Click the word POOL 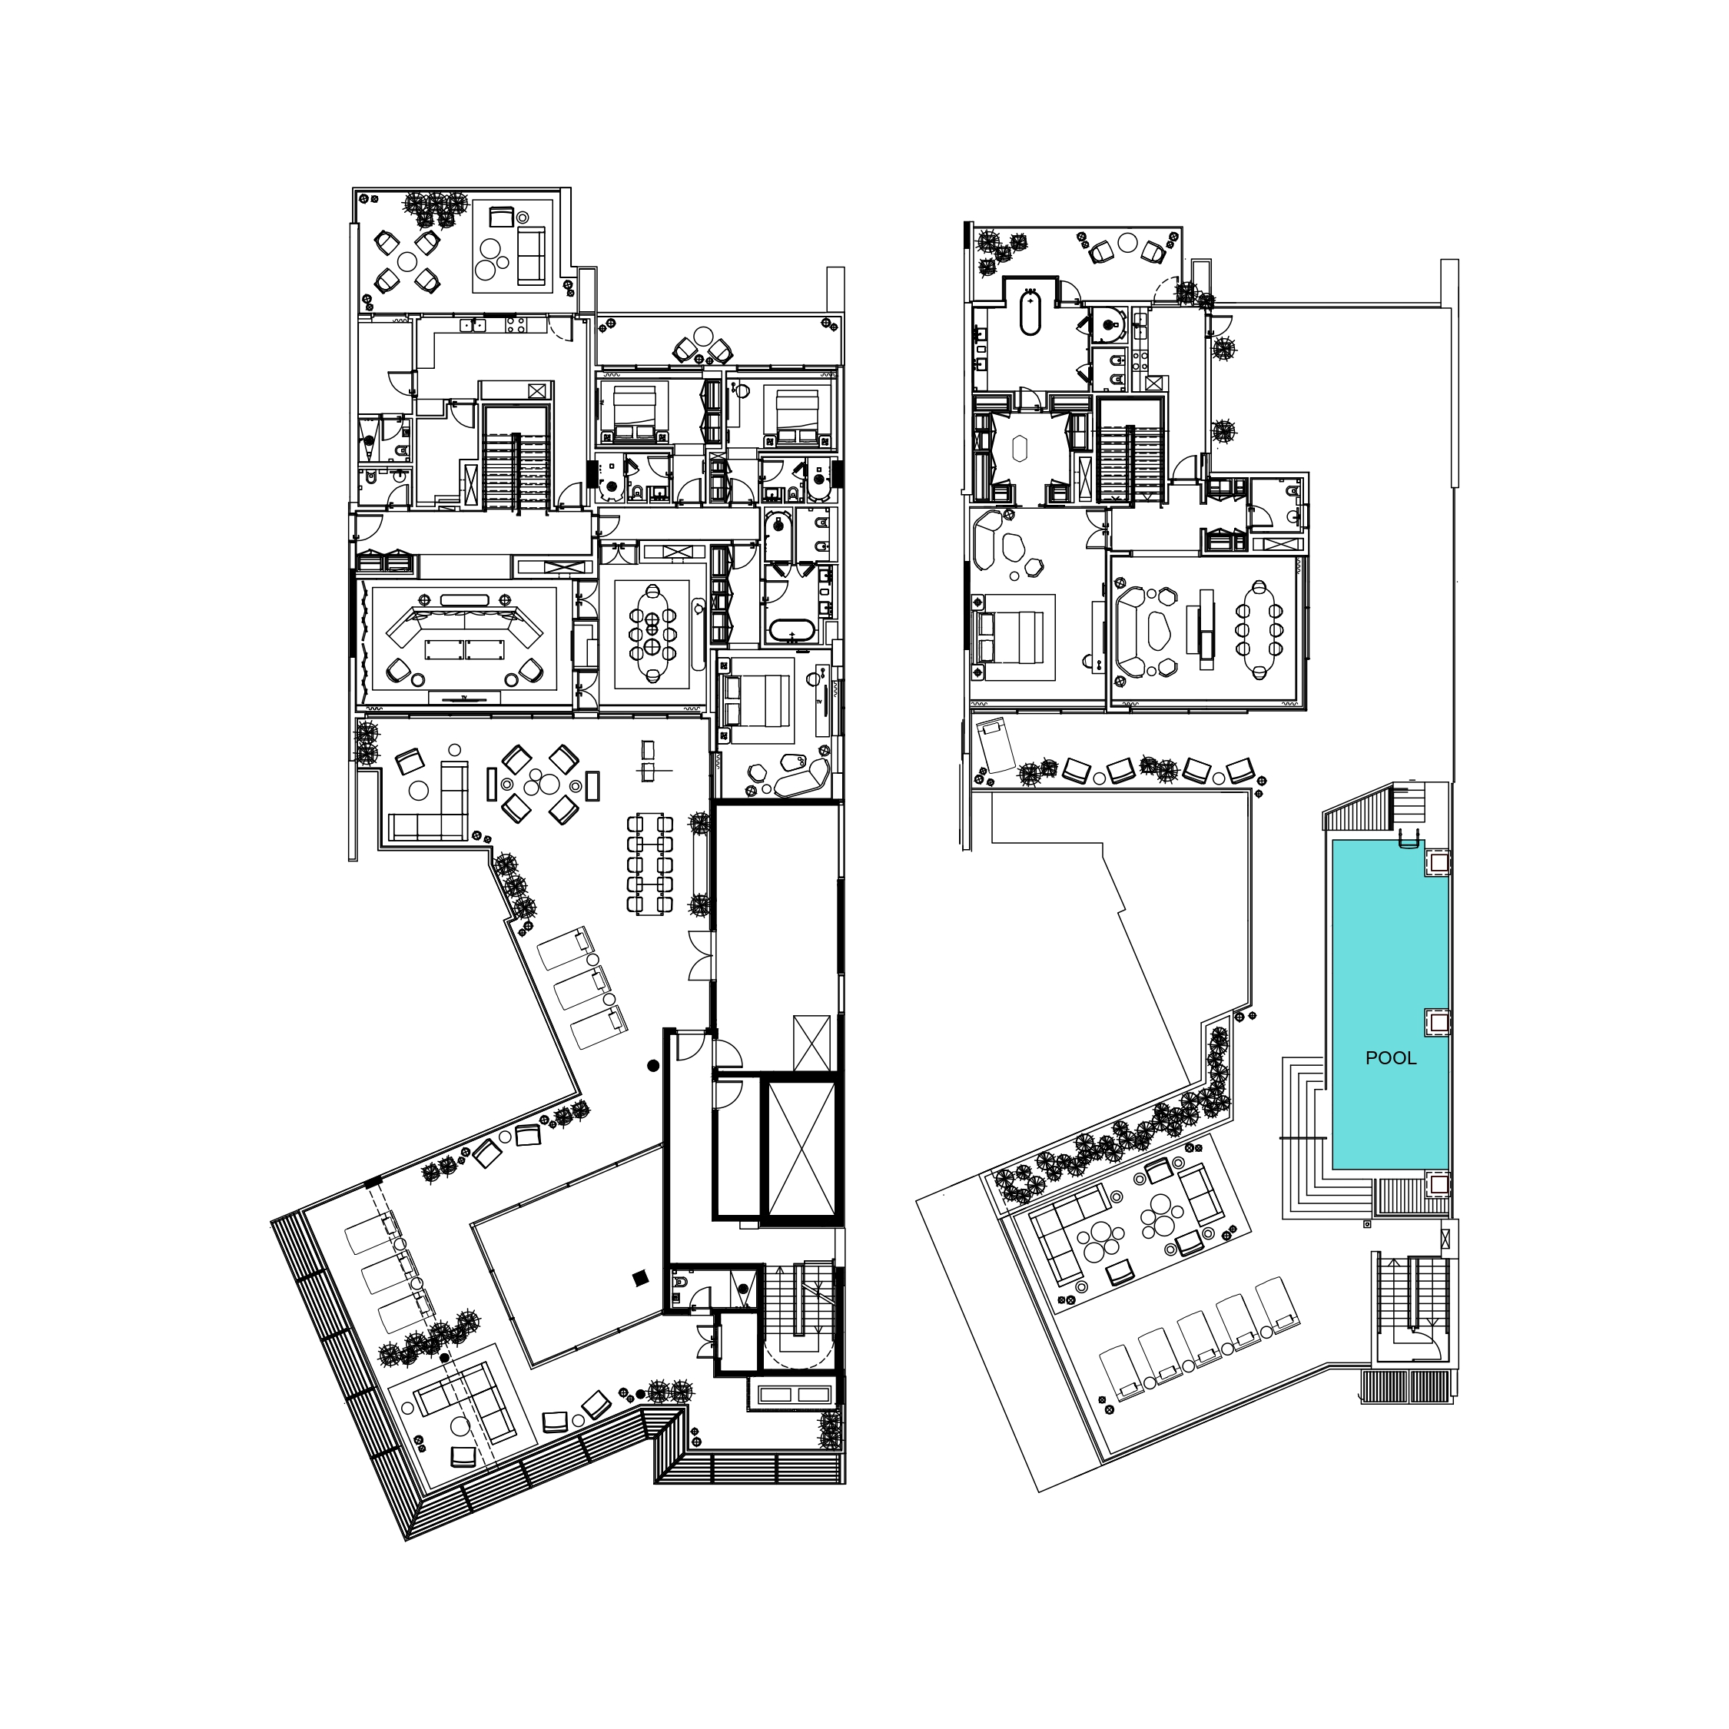tap(1391, 1058)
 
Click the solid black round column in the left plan tap(653, 1065)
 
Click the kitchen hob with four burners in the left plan tap(516, 326)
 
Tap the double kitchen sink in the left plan tap(473, 326)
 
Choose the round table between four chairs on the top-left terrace tap(407, 261)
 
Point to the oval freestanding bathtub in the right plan tap(1031, 311)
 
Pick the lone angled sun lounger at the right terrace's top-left tap(996, 745)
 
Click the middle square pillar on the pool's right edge tap(1436, 1022)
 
